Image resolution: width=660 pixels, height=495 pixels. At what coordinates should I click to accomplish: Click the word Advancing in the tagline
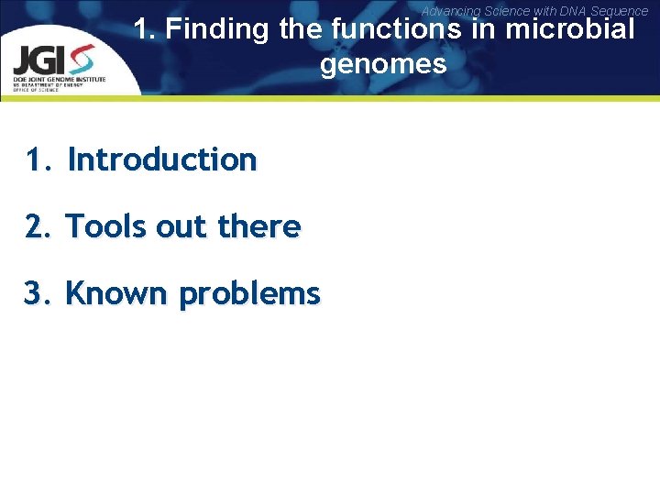(x=450, y=11)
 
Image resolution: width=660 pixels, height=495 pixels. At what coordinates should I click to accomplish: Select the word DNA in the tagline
(x=574, y=11)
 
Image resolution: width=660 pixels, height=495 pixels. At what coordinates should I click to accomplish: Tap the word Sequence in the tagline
(x=621, y=11)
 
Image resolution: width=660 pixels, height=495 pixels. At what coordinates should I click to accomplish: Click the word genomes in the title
(x=383, y=64)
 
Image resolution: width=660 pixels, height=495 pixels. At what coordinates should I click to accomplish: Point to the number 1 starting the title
(x=143, y=29)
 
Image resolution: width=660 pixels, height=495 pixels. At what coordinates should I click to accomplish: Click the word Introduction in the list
(x=162, y=159)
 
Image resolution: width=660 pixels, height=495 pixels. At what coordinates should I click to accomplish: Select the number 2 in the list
(x=36, y=226)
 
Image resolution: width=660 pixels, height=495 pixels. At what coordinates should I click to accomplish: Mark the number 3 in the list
(x=36, y=294)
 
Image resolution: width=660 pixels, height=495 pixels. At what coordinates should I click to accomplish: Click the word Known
(x=118, y=294)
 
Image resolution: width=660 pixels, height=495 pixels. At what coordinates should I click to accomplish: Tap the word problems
(x=249, y=295)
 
